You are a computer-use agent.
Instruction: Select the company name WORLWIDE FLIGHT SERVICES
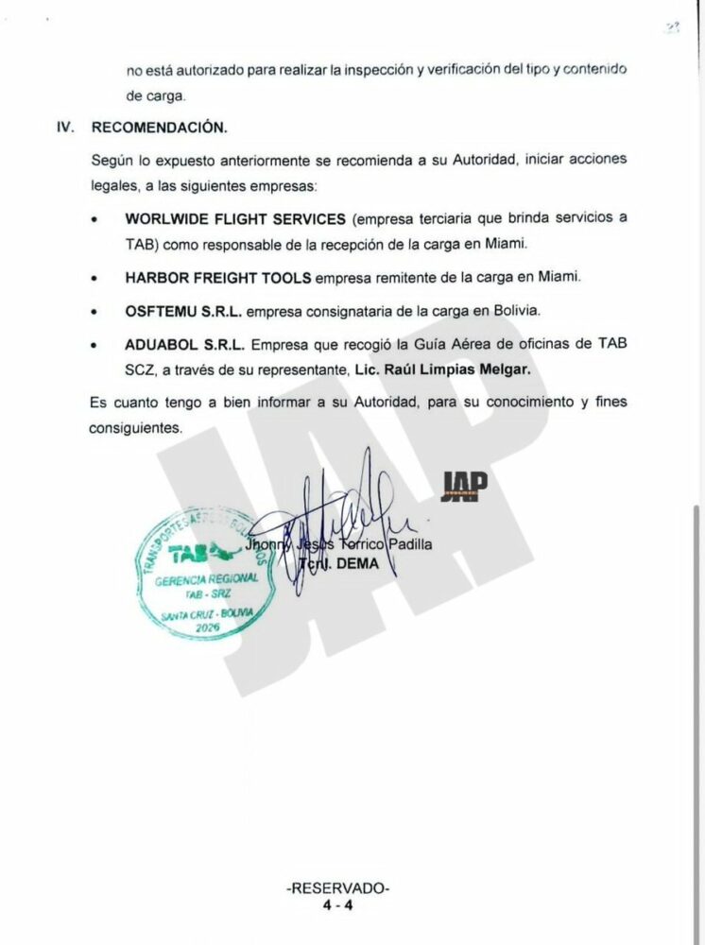[235, 218]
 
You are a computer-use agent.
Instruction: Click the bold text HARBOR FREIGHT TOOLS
[217, 279]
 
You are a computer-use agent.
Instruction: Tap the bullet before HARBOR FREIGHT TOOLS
[95, 280]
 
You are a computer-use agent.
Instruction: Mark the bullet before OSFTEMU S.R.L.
[95, 311]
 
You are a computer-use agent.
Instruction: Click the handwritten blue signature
[340, 524]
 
